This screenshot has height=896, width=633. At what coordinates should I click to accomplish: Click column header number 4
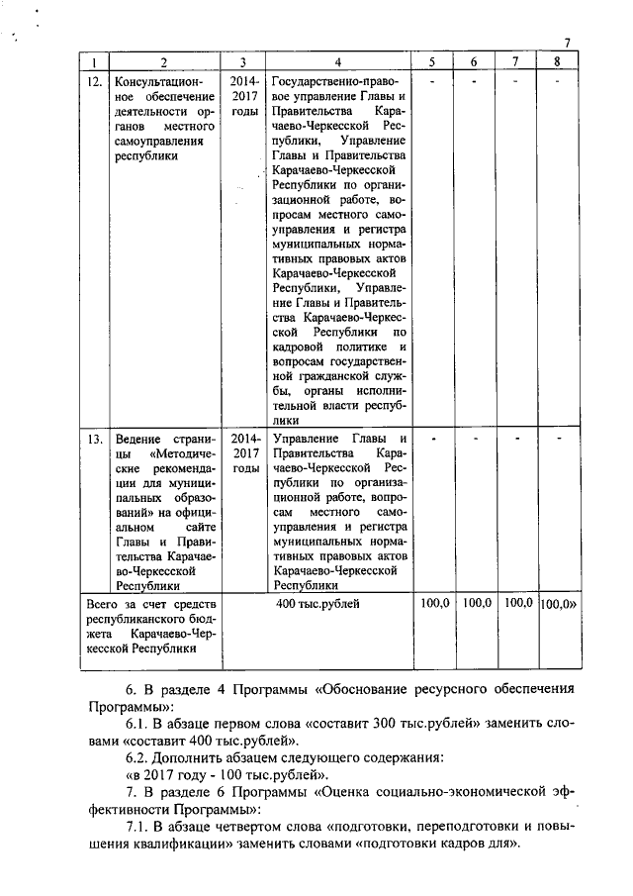click(337, 61)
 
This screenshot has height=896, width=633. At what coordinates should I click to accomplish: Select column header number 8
click(559, 61)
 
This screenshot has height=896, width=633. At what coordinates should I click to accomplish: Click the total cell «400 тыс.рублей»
click(317, 602)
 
